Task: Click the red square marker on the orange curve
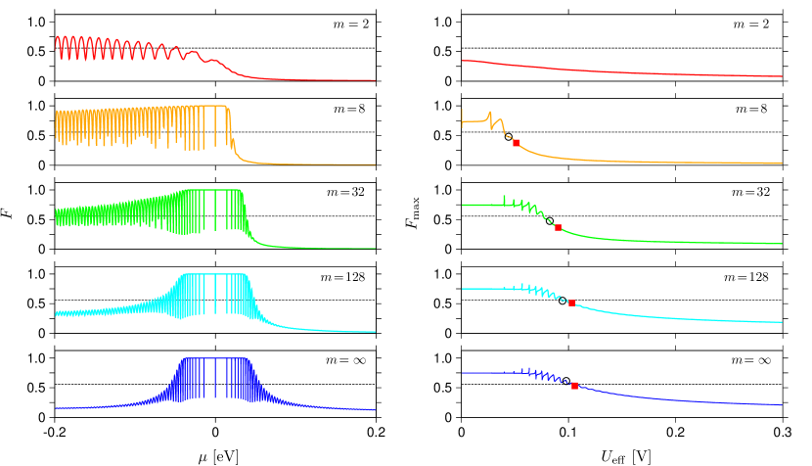click(x=516, y=143)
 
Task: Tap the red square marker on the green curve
click(x=558, y=227)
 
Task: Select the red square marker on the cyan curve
click(x=571, y=303)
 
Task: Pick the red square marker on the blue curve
click(x=574, y=386)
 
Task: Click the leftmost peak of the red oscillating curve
click(x=58, y=37)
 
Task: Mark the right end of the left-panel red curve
click(x=375, y=80)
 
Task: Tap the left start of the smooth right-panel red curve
click(x=463, y=61)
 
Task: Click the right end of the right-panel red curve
click(x=782, y=76)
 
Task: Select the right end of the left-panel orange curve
click(x=375, y=164)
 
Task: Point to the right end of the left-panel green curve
click(x=375, y=248)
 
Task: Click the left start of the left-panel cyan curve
click(x=56, y=314)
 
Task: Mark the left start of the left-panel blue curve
click(x=56, y=407)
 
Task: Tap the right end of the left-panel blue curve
click(x=375, y=409)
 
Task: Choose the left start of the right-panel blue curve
click(x=463, y=372)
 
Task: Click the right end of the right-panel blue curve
click(x=782, y=404)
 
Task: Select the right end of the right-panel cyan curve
click(x=782, y=321)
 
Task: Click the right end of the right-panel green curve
click(x=782, y=244)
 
